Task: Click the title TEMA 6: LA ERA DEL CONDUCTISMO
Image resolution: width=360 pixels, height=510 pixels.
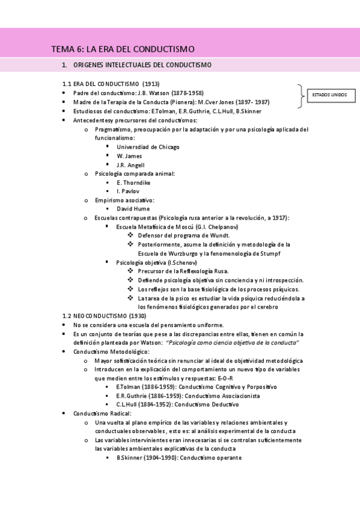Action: point(123,49)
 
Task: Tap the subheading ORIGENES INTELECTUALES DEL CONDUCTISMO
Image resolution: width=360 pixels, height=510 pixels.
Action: point(142,64)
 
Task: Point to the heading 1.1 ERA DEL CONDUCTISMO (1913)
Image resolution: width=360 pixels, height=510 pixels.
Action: point(111,84)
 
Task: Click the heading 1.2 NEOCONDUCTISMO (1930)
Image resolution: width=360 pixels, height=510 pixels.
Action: point(104,316)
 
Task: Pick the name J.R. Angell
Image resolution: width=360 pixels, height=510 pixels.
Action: point(130,165)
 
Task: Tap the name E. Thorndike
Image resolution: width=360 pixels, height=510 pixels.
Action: point(133,182)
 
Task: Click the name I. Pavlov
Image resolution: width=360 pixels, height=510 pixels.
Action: point(127,191)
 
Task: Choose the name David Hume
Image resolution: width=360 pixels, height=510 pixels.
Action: point(133,209)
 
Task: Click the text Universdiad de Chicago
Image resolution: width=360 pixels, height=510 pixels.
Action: point(148,147)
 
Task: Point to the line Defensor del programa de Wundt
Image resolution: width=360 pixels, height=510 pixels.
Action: point(183,235)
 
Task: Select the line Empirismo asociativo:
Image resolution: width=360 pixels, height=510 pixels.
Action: point(124,200)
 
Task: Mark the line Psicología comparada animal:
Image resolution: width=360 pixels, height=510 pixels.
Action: point(135,173)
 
